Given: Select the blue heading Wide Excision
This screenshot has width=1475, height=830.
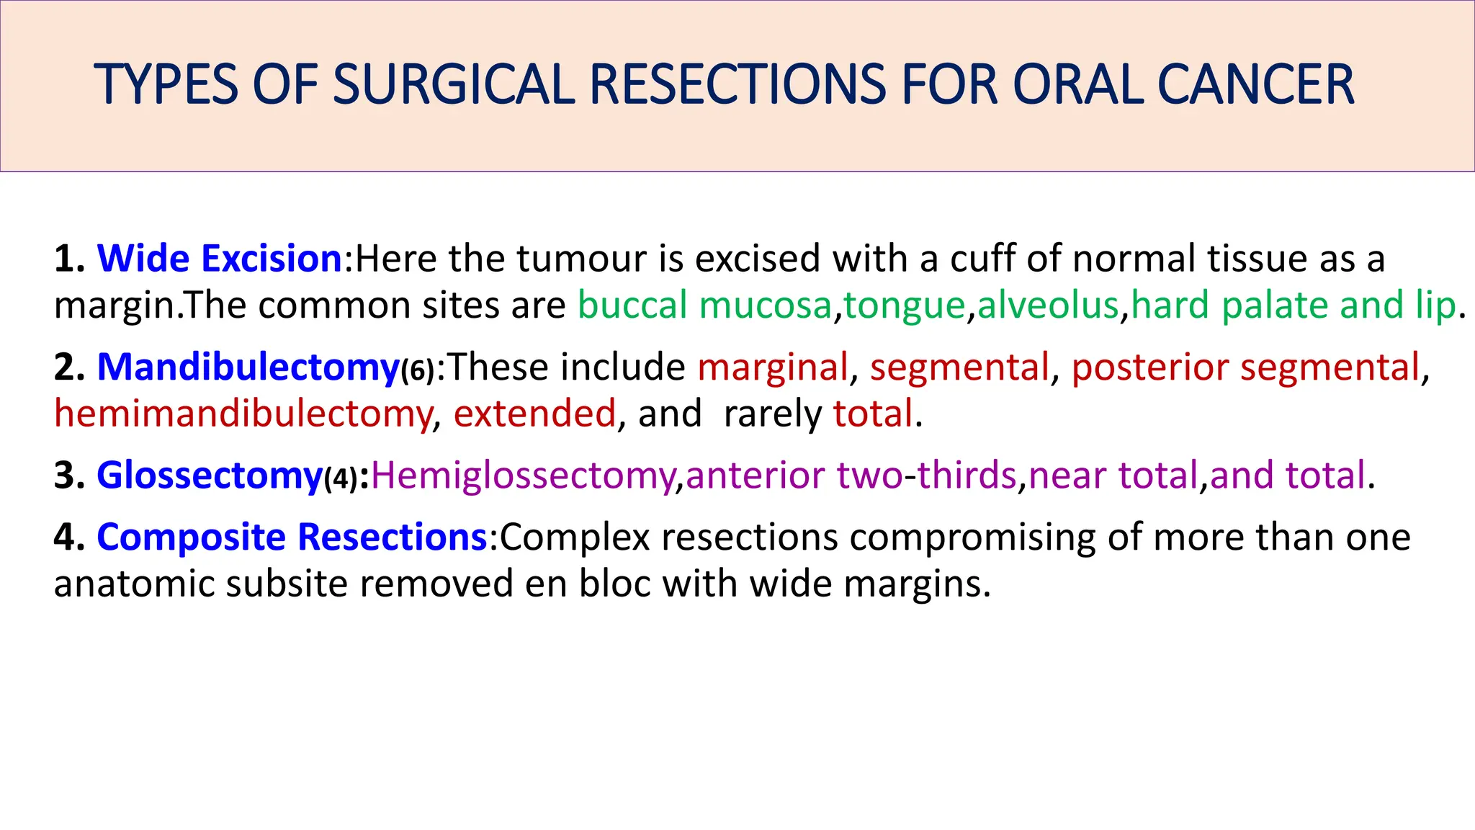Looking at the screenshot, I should click(x=219, y=259).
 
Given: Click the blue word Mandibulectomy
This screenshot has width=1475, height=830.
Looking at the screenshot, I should click(x=248, y=367).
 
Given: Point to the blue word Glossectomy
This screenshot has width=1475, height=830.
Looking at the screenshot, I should click(x=210, y=476).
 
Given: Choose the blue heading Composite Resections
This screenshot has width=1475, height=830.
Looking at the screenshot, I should click(x=292, y=537).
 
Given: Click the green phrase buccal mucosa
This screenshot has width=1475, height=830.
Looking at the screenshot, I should click(x=704, y=305).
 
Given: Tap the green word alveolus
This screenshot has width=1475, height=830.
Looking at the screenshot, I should click(x=1047, y=305).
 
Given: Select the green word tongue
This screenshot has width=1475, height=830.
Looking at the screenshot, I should click(x=904, y=305).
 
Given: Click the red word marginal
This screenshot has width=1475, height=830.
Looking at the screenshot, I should click(x=772, y=367).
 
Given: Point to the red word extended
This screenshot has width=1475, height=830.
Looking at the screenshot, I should click(x=534, y=414).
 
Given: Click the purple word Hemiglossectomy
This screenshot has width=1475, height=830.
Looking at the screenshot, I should click(x=523, y=476).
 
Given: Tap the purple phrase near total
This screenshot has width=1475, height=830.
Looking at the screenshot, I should click(x=1113, y=476).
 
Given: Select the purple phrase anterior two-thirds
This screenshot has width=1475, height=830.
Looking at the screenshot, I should click(x=851, y=476).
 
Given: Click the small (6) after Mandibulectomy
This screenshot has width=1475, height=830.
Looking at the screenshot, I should click(x=418, y=371).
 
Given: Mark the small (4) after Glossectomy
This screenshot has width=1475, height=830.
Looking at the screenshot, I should click(x=341, y=479).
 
